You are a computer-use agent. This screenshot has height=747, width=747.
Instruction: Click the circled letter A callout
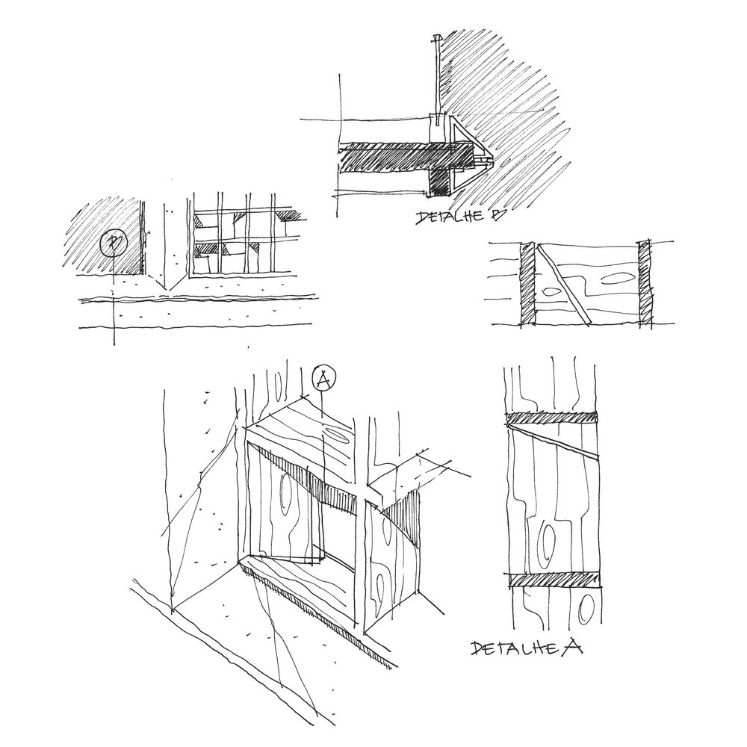click(323, 379)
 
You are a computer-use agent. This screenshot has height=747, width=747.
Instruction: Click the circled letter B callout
click(114, 243)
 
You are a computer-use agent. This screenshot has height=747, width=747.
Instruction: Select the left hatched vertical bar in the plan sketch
click(528, 284)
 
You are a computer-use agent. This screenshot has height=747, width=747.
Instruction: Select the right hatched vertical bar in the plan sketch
click(645, 283)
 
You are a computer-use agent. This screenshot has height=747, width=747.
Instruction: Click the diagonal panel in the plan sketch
click(563, 285)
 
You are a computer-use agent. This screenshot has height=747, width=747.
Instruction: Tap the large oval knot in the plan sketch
click(617, 277)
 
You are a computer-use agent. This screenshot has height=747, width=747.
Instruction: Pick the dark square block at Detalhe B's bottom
click(440, 184)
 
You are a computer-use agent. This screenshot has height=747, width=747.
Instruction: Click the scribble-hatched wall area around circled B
click(102, 238)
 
